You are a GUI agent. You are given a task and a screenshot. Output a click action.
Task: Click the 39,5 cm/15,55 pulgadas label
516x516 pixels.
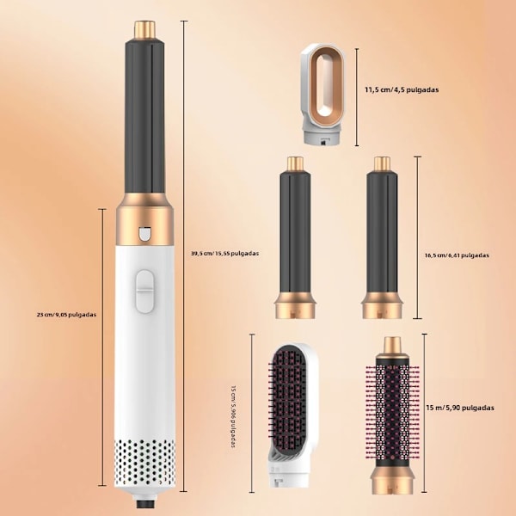point(224,254)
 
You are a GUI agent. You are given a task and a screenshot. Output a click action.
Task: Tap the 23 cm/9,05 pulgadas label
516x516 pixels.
point(66,315)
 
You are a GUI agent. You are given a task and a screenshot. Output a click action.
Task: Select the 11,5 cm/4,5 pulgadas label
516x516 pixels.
point(402,89)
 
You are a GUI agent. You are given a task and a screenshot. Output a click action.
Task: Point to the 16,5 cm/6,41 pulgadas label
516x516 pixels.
point(457,255)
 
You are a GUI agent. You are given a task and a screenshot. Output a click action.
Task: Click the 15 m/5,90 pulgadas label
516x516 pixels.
point(460,408)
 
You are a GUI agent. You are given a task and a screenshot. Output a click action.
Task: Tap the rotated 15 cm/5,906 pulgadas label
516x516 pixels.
point(234,416)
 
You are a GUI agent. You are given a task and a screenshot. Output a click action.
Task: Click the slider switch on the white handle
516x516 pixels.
point(144,292)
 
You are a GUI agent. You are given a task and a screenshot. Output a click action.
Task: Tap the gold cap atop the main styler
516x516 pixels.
point(144,29)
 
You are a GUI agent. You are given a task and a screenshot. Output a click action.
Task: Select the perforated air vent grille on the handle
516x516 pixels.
point(144,463)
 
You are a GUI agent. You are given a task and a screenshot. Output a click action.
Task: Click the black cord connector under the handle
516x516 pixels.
point(145,504)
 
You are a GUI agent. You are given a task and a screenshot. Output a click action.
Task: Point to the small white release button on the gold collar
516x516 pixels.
point(144,234)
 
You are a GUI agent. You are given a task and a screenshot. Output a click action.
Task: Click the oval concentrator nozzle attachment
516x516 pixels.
point(323,95)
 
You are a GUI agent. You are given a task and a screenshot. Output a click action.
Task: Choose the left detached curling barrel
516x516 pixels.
point(295,237)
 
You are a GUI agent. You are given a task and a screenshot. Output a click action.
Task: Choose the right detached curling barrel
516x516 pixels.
point(382,237)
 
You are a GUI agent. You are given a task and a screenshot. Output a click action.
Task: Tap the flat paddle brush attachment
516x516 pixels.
point(292,417)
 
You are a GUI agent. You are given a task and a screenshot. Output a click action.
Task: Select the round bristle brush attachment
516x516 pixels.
point(392,415)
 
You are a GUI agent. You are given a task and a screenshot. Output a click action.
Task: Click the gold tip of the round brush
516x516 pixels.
point(392,345)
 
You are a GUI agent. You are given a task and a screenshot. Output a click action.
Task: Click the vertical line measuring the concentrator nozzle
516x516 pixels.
point(357,97)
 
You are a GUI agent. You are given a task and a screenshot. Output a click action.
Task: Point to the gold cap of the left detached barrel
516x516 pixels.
point(295,163)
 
